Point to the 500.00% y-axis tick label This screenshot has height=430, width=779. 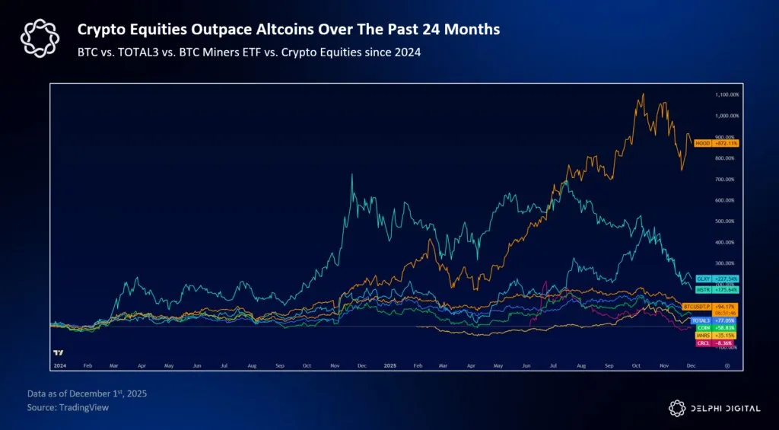(727, 221)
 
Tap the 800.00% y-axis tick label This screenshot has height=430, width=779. (727, 158)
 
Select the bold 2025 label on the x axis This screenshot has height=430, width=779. (389, 365)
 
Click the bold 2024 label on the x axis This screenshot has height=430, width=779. (61, 365)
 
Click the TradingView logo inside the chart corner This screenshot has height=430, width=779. (59, 352)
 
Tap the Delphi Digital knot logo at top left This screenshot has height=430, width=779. (38, 37)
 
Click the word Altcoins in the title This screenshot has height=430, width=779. (263, 29)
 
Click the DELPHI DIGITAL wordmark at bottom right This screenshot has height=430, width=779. (722, 408)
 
